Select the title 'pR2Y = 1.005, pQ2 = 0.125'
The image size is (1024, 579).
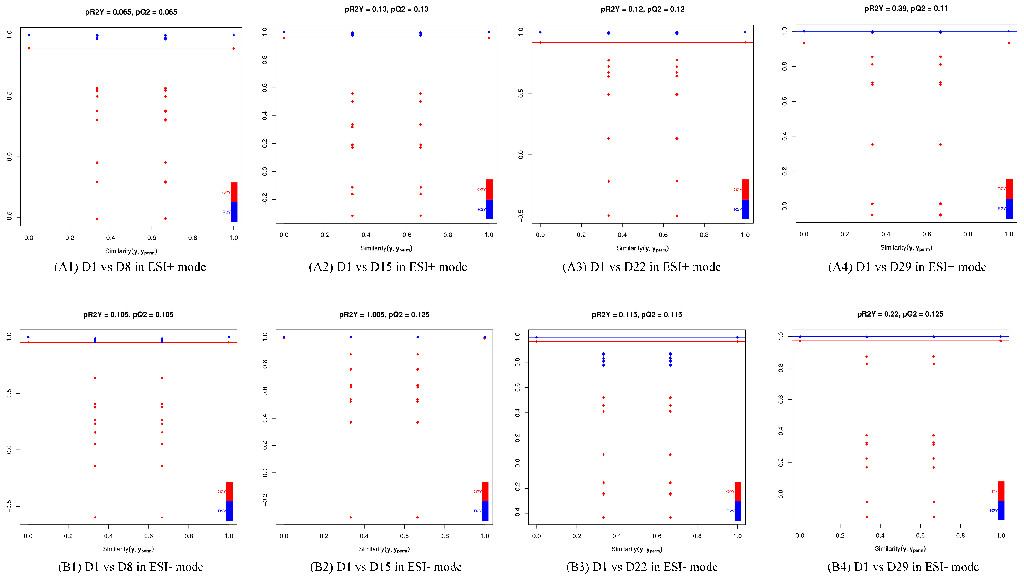(384, 315)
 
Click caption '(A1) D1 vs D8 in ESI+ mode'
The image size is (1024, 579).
(130, 267)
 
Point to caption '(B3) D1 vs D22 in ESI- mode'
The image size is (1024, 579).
(642, 567)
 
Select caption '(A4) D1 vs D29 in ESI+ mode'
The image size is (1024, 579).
(907, 267)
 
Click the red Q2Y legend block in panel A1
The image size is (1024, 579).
(234, 192)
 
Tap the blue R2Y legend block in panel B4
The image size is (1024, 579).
(1001, 511)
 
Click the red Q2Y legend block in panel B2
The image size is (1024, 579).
(485, 492)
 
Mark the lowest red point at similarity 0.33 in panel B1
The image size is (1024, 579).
(95, 517)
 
